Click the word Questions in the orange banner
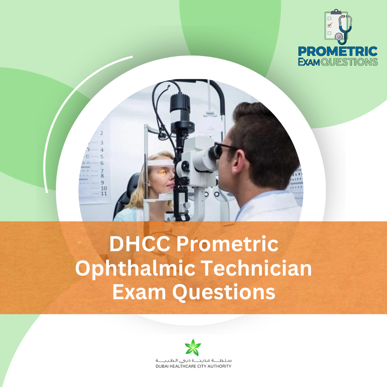pos(224,292)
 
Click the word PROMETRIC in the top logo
pos(338,51)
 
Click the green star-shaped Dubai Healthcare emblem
pos(193,347)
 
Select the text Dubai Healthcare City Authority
pos(193,366)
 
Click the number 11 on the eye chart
pos(104,193)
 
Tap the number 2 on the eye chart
pos(102,133)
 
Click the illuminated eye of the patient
pos(162,172)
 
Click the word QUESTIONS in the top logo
pos(349,62)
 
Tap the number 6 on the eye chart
pos(102,163)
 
